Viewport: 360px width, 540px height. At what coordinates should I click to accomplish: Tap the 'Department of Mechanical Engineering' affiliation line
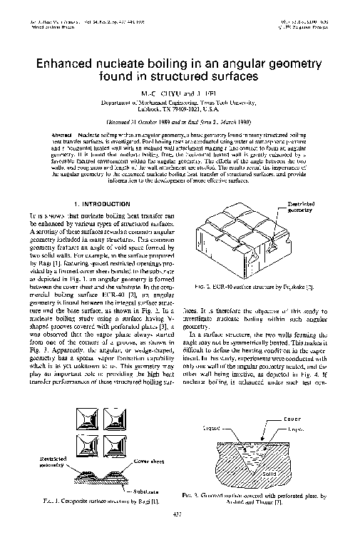click(180, 103)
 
